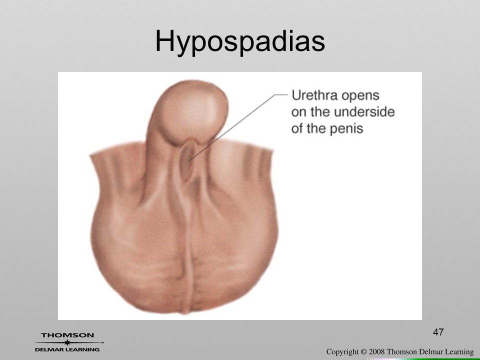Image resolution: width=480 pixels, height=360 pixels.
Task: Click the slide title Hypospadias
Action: click(240, 41)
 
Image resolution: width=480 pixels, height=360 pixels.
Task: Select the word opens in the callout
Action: click(360, 96)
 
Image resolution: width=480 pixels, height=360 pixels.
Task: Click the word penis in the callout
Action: click(347, 128)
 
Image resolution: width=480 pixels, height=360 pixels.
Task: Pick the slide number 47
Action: click(438, 332)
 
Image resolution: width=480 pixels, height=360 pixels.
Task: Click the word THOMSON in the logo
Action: click(67, 335)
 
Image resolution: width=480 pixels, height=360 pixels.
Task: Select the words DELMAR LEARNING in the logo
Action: click(67, 349)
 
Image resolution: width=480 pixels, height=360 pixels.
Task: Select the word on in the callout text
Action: click(299, 112)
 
